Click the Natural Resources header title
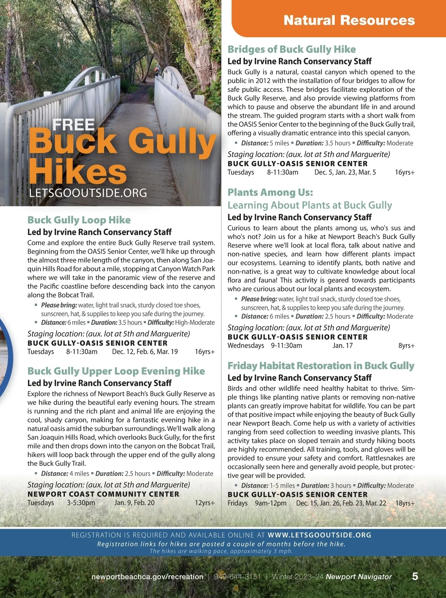[349, 20]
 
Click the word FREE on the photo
[74, 125]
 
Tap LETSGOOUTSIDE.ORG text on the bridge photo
[88, 193]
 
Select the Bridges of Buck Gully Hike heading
[291, 50]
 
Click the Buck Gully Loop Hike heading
[79, 220]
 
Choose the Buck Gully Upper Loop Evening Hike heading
[116, 371]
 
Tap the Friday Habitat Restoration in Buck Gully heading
[321, 366]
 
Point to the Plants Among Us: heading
[270, 193]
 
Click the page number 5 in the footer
[415, 576]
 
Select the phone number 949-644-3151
[237, 577]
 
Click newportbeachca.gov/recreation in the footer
[147, 577]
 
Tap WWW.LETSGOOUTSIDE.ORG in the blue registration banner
[319, 535]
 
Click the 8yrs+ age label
[407, 346]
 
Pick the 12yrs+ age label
[205, 503]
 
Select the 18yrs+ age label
[405, 503]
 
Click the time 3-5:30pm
[81, 503]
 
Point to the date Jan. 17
[343, 346]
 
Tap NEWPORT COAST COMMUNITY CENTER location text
[103, 494]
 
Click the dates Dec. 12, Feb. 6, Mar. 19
[145, 352]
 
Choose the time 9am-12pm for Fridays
[271, 503]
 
